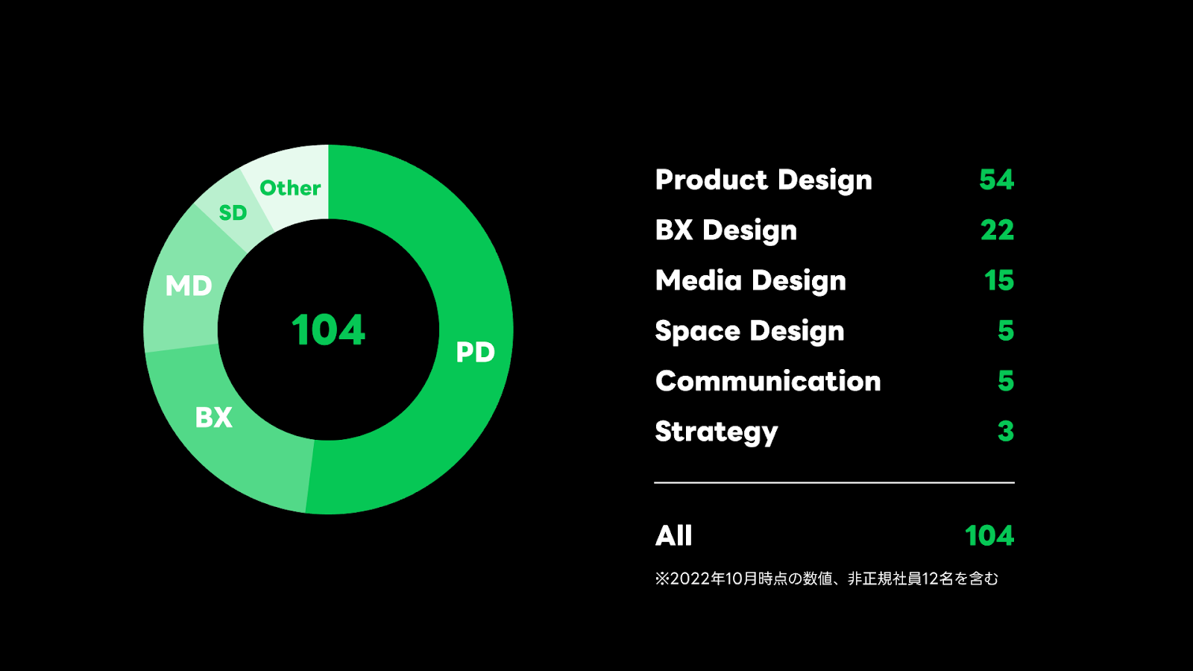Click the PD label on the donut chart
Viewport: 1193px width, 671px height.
475,352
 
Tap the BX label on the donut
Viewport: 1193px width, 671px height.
213,418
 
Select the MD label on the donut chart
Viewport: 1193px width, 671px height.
189,286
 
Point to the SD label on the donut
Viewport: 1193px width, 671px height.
233,213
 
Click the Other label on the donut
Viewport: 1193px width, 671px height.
290,188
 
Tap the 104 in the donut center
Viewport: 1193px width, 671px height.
328,330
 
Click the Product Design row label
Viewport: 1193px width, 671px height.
764,180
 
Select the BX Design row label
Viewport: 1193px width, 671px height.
726,230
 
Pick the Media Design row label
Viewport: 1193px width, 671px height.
751,281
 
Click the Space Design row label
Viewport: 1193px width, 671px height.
749,331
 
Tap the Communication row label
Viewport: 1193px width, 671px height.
768,381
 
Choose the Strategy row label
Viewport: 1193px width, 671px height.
717,432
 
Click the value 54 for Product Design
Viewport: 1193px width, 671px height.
996,180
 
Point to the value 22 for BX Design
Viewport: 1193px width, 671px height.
997,230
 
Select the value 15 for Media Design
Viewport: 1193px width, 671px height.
999,280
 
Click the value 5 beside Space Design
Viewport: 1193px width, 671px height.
1006,330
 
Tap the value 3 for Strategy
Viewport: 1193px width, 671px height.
1006,431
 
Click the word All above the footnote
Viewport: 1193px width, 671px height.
674,535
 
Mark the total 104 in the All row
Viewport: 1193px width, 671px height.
989,535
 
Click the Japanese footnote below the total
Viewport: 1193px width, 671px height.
826,579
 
